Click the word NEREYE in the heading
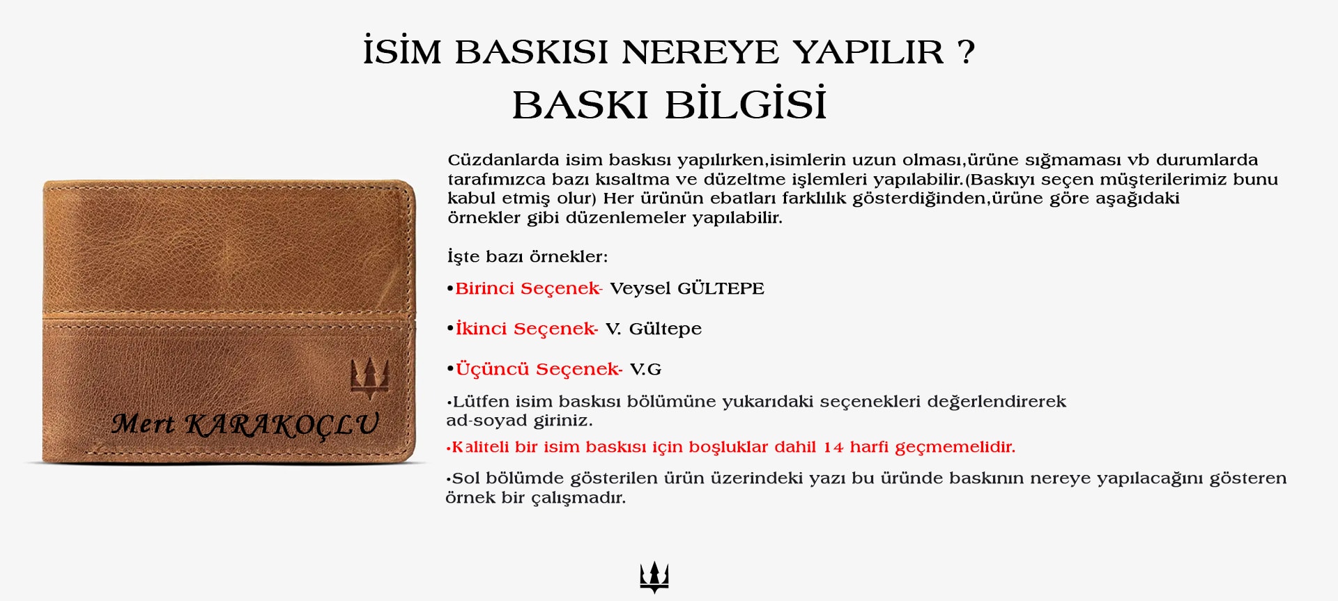pos(700,52)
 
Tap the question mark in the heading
pos(966,52)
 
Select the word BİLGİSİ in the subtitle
pos(746,104)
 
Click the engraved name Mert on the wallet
pos(143,423)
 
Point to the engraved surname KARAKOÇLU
pos(282,425)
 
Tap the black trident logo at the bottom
pos(654,577)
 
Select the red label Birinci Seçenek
pos(528,289)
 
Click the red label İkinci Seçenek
pos(526,329)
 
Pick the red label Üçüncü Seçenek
pos(539,369)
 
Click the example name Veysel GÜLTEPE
pos(687,288)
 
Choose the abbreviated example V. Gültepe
pos(654,329)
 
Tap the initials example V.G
pos(646,370)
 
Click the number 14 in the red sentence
pos(833,447)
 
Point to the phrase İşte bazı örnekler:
pos(528,256)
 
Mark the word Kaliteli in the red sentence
pos(481,447)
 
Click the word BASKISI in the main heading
pos(532,52)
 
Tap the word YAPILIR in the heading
pos(868,52)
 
